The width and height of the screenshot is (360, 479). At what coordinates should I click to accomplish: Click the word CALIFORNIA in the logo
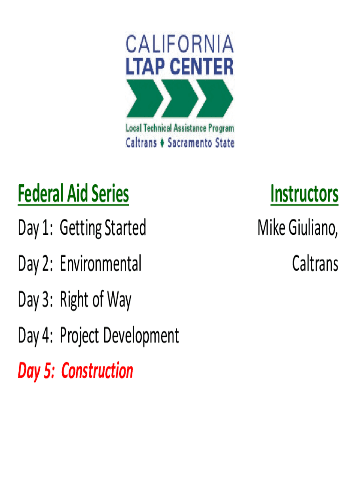click(x=180, y=44)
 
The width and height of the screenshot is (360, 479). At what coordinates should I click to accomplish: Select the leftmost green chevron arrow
click(x=144, y=98)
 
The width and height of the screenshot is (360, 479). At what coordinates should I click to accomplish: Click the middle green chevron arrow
click(x=180, y=98)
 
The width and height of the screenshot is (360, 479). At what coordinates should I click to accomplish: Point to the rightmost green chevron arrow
click(x=215, y=98)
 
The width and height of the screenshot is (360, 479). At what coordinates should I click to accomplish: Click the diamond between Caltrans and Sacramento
click(x=162, y=143)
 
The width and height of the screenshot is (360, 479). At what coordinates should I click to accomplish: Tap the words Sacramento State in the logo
click(x=201, y=143)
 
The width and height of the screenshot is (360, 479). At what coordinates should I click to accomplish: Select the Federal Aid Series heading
click(x=73, y=194)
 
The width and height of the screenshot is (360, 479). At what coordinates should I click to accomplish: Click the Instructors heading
click(x=304, y=194)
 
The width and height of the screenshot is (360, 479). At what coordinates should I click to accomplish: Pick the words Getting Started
click(x=103, y=228)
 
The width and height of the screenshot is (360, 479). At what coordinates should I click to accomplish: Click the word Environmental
click(x=101, y=263)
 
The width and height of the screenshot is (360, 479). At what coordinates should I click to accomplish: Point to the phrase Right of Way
click(x=95, y=300)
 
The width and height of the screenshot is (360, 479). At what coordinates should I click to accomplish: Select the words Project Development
click(x=119, y=336)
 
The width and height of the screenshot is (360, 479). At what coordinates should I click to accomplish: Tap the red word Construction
click(x=97, y=370)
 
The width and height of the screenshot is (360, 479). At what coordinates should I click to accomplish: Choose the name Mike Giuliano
click(x=298, y=228)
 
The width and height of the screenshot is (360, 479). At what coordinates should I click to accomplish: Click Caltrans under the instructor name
click(x=315, y=263)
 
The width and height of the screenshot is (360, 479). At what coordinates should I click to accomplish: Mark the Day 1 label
click(x=36, y=228)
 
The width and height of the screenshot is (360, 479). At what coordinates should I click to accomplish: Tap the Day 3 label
click(x=36, y=300)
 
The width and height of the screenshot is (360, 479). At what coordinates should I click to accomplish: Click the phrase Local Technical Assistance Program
click(x=180, y=128)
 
